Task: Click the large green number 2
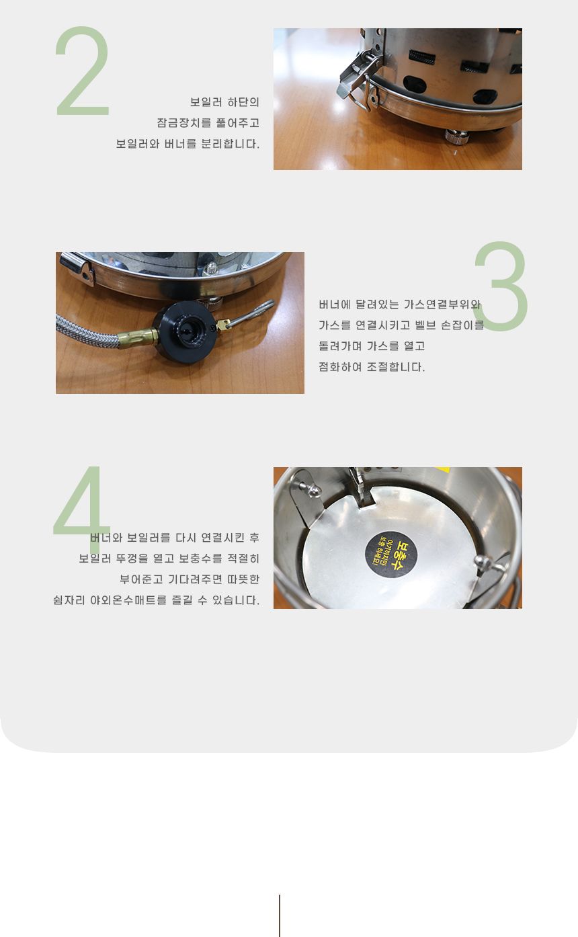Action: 83,71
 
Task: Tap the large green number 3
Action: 501,286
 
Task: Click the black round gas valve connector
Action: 185,331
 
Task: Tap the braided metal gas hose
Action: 89,331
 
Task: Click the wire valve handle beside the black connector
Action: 249,314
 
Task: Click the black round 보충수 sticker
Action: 391,555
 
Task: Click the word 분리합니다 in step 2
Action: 230,143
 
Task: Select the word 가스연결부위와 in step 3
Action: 442,304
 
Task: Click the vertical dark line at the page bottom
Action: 280,915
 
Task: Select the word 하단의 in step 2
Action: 243,101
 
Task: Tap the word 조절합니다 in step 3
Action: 396,367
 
